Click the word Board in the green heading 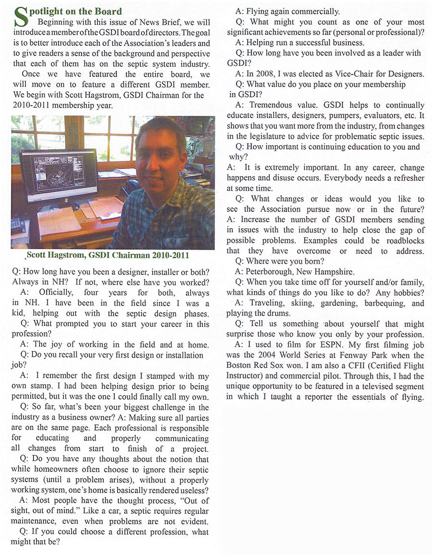click(109, 11)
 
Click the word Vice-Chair click(359, 73)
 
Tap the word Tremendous click(272, 105)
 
